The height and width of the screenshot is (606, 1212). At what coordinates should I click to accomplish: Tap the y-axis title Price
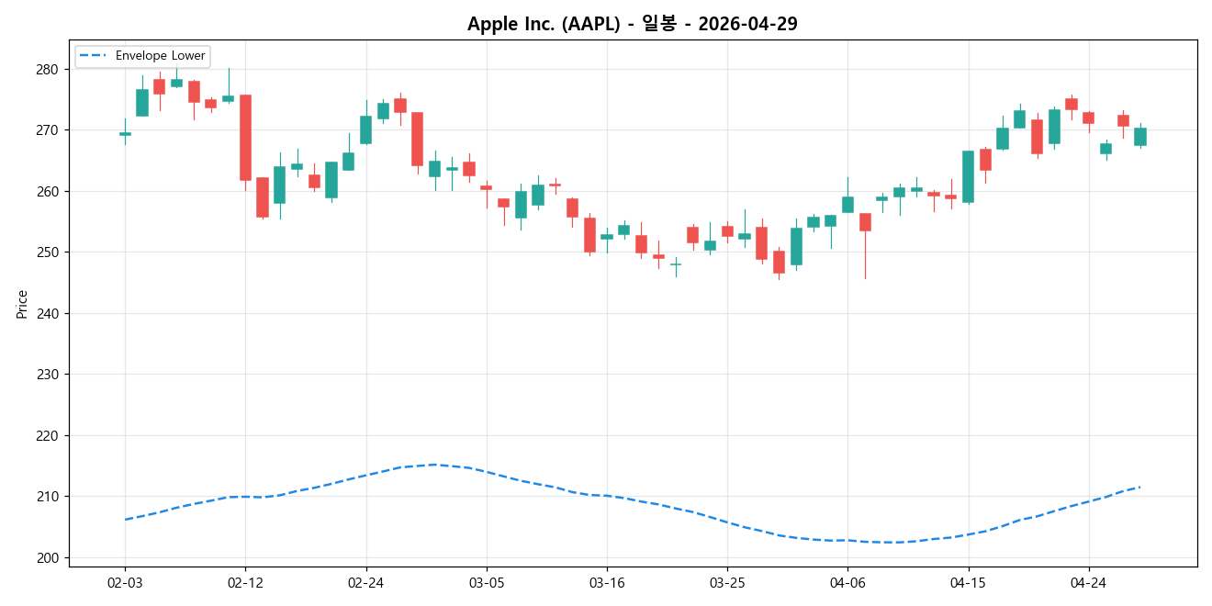[22, 304]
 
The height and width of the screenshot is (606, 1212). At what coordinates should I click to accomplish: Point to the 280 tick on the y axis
[47, 70]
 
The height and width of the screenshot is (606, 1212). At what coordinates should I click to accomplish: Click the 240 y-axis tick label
[47, 314]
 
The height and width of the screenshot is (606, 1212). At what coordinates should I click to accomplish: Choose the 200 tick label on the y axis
[47, 558]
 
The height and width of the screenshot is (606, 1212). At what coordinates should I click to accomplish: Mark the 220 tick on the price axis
[47, 436]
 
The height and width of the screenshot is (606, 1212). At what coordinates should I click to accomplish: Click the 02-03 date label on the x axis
[125, 582]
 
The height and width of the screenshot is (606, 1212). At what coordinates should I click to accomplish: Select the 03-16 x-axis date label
[607, 582]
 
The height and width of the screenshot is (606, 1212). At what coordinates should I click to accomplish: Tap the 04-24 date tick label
[1088, 582]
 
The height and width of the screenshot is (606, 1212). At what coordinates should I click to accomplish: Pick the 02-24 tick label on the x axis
[366, 582]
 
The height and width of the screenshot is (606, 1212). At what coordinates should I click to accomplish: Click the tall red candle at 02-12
[245, 138]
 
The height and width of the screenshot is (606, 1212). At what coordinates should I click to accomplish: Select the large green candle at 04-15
[968, 176]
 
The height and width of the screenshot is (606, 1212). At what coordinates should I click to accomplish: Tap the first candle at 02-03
[125, 134]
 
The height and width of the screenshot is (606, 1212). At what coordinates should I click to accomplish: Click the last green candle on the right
[1139, 137]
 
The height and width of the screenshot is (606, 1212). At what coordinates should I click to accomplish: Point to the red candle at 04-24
[1088, 118]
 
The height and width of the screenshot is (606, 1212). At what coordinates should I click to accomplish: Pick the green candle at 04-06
[847, 205]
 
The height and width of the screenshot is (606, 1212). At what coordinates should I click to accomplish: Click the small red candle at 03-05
[486, 187]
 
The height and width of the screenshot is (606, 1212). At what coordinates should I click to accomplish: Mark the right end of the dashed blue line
[1139, 487]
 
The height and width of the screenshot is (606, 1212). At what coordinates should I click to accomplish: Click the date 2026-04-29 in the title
[747, 24]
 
